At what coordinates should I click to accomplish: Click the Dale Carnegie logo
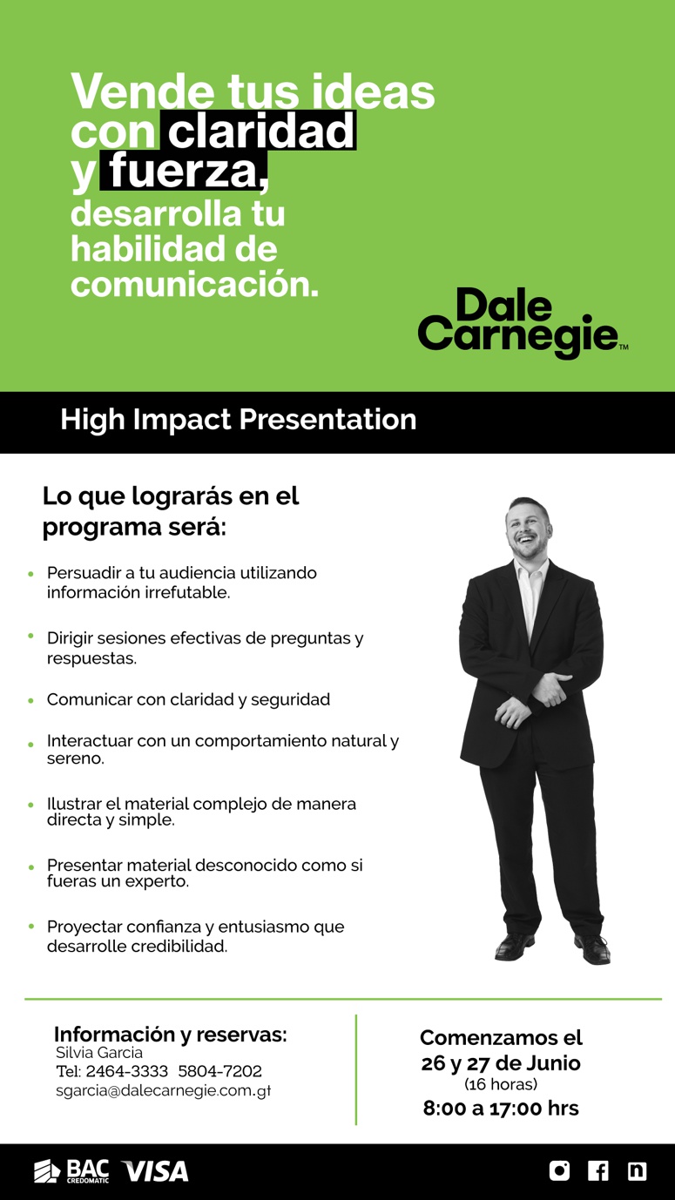[523, 322]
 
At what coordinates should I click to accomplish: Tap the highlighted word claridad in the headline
[261, 131]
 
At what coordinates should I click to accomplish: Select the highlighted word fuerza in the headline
[185, 171]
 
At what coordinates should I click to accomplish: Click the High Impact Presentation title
[239, 420]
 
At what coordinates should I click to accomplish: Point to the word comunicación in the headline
[194, 284]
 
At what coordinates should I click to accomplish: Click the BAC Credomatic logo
[71, 1171]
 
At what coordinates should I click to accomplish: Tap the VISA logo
[155, 1171]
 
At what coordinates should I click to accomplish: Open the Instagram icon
[559, 1171]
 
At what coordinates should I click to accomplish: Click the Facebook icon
[597, 1171]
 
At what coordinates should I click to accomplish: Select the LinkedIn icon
[637, 1171]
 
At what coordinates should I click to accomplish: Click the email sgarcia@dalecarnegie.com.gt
[164, 1091]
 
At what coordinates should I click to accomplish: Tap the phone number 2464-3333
[127, 1071]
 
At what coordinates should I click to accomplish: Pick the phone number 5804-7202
[219, 1071]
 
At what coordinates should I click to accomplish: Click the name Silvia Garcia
[99, 1053]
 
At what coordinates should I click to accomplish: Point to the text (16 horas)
[501, 1084]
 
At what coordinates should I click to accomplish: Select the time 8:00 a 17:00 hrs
[501, 1109]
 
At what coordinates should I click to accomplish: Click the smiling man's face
[528, 528]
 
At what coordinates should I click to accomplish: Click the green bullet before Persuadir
[31, 574]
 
